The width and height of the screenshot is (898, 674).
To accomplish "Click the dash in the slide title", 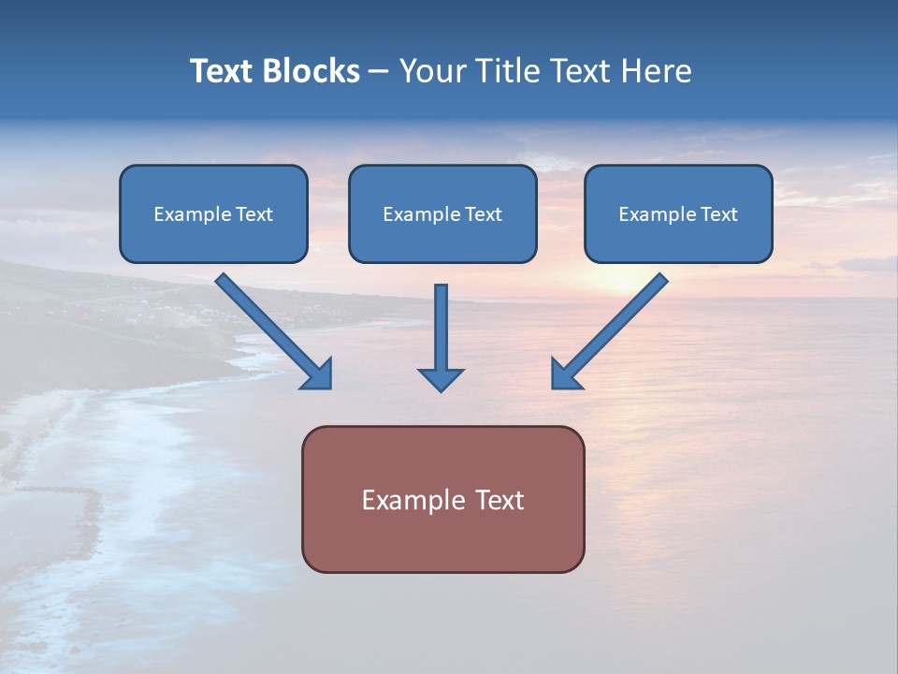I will (379, 71).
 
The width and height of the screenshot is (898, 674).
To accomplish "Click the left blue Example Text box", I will (213, 213).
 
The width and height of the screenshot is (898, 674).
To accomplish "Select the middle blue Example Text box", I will (442, 213).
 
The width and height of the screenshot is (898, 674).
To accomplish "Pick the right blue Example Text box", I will (678, 213).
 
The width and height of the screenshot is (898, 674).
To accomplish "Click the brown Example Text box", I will (442, 500).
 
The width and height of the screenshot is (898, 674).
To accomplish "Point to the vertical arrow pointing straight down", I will (441, 328).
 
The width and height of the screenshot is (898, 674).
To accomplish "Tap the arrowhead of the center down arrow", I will (441, 379).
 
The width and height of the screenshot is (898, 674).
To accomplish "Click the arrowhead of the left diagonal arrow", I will (319, 374).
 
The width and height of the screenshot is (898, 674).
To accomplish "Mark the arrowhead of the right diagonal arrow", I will (564, 374).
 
